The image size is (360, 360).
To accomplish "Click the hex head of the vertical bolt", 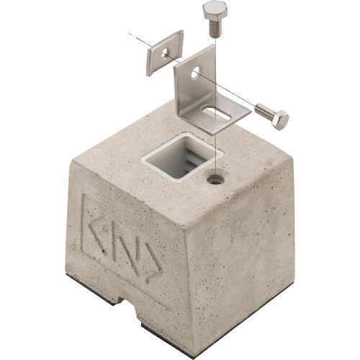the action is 215,11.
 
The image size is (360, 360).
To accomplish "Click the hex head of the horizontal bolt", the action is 280,120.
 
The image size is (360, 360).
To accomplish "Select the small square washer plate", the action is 165,53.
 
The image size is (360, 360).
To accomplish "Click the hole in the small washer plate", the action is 165,53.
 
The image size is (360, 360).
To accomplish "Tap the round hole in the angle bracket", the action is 196,72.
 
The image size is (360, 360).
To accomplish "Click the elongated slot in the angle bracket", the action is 216,114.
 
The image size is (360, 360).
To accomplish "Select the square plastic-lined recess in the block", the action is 182,157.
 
